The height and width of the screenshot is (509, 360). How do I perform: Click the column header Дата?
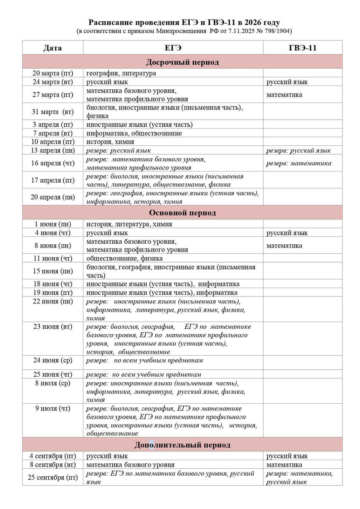52,48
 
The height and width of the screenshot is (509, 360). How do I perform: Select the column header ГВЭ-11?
302,48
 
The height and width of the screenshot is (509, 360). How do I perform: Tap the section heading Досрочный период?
182,62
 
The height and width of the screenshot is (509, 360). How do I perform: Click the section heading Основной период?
182,213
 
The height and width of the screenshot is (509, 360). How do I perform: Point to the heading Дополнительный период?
182,444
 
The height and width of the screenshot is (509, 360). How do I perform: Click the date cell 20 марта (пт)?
52,73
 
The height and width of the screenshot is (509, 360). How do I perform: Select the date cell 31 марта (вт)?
52,112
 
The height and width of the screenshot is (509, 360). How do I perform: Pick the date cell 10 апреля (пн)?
52,142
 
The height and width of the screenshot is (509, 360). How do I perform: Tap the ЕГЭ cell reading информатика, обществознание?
134,133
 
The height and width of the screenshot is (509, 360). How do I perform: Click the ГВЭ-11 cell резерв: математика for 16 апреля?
299,163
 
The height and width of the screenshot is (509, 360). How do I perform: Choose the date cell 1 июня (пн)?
52,224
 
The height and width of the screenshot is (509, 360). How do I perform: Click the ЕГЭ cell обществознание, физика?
124,258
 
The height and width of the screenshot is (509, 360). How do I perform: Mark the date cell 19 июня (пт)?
52,292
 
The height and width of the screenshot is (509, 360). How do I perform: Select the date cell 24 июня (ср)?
52,360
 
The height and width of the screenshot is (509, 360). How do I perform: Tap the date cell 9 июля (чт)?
52,408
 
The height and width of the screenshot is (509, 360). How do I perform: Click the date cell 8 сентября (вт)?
52,464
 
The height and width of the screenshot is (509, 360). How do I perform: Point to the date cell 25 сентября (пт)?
52,477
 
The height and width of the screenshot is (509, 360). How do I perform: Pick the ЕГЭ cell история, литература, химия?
129,224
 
